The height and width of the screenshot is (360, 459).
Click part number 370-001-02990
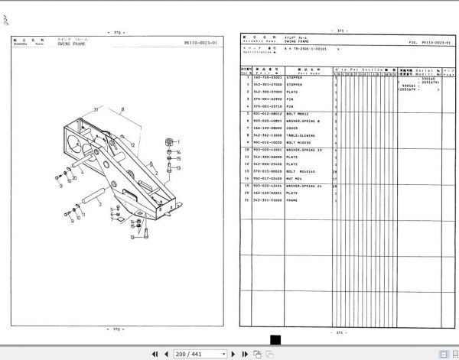pyautogui.click(x=267, y=99)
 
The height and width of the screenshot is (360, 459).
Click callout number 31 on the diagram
pyautogui.click(x=96, y=111)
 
